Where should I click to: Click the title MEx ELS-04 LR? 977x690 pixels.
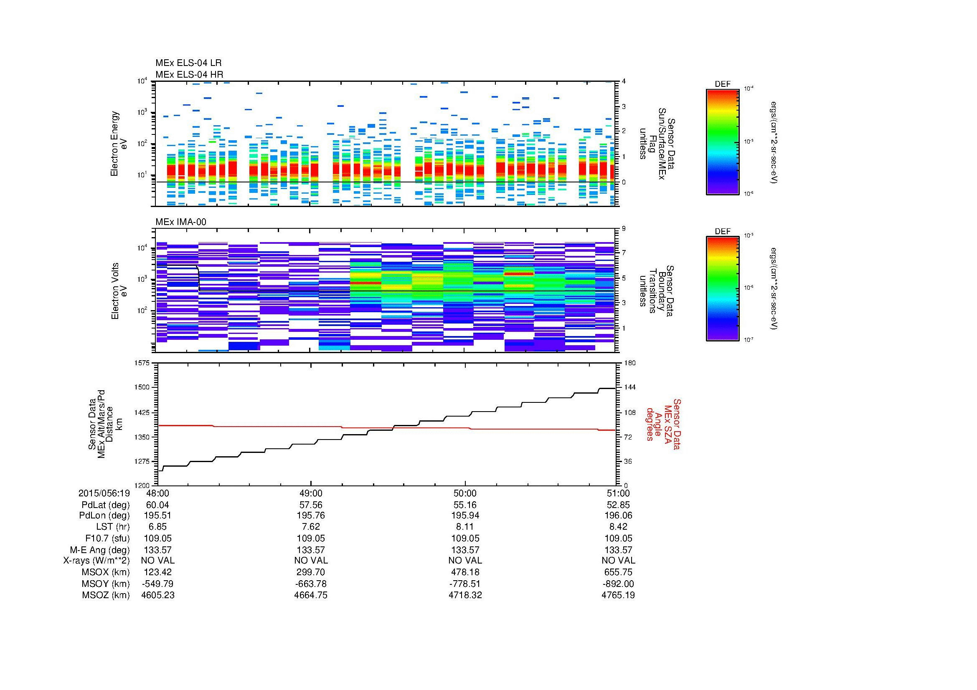[x=188, y=63]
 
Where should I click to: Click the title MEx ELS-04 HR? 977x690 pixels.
[x=189, y=74]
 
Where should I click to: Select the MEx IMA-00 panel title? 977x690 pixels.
[x=180, y=222]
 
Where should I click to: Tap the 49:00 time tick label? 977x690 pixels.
[x=311, y=493]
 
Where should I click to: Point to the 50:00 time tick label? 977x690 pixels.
[x=465, y=493]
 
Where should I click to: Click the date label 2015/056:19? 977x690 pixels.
[x=104, y=493]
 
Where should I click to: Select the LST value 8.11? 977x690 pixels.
[x=465, y=527]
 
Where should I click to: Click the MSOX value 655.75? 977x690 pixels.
[x=618, y=572]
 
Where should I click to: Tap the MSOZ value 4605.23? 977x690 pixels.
[x=158, y=595]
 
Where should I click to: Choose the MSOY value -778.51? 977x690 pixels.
[x=465, y=584]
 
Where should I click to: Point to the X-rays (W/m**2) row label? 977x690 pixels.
[x=96, y=561]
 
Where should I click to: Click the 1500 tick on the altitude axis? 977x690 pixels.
[x=142, y=387]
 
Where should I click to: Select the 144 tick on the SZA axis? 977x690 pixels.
[x=631, y=387]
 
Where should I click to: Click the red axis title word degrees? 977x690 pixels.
[x=650, y=424]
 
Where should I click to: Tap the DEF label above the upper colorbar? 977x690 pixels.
[x=723, y=84]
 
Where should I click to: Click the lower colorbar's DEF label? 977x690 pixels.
[x=723, y=232]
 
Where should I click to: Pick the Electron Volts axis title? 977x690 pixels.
[x=115, y=291]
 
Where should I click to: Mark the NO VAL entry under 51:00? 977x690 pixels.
[x=618, y=561]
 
